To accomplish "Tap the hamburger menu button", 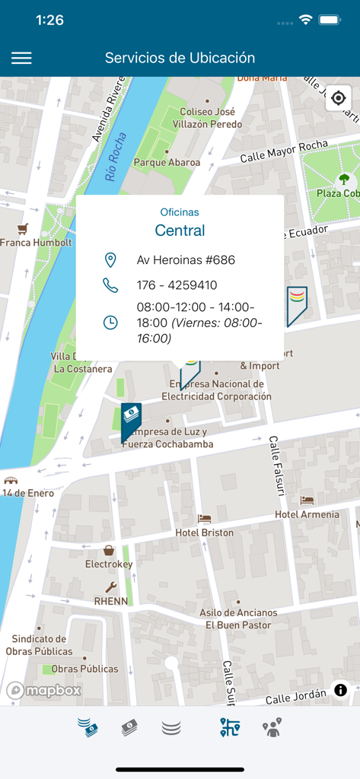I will (x=21, y=58).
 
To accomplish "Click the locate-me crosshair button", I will (x=339, y=99).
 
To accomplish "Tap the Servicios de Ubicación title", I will (x=180, y=58).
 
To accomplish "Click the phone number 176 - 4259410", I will (x=177, y=285).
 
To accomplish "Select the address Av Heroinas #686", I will (x=186, y=260).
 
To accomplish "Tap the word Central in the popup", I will (x=180, y=230).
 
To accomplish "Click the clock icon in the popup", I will (x=110, y=322).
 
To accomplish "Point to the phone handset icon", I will (x=110, y=285).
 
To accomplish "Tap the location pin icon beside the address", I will (x=110, y=260).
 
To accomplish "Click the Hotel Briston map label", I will (x=204, y=532).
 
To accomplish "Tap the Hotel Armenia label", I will (x=307, y=514).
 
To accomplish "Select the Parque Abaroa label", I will (x=167, y=162).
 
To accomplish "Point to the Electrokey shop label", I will (x=109, y=564).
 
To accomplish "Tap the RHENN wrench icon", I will (x=110, y=587).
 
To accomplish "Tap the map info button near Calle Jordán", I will (x=340, y=690).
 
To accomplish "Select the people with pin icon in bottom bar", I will (x=272, y=728).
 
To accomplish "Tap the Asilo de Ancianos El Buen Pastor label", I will (x=237, y=618).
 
